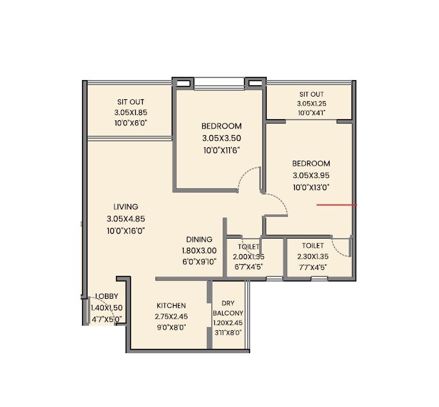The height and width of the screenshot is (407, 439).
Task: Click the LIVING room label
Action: (x=126, y=207)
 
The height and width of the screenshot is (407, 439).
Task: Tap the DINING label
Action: (x=199, y=239)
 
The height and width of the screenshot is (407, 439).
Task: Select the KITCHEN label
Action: (x=170, y=305)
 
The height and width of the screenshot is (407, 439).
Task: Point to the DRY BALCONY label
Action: (x=228, y=308)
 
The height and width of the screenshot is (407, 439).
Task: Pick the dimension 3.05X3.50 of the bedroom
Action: (x=221, y=138)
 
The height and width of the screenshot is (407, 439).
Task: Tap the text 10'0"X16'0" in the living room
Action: (x=126, y=231)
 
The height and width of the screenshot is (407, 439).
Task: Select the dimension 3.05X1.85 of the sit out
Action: (x=131, y=113)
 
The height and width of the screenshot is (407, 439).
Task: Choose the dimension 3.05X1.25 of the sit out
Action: (x=311, y=104)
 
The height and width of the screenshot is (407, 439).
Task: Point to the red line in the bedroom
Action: (x=337, y=205)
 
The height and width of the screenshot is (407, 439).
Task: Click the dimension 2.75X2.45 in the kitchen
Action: (x=170, y=316)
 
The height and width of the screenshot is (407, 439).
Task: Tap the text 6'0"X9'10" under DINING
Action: (x=199, y=261)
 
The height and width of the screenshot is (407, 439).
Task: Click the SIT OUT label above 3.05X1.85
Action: (x=131, y=102)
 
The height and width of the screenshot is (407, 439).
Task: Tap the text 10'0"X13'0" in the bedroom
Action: (x=312, y=188)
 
